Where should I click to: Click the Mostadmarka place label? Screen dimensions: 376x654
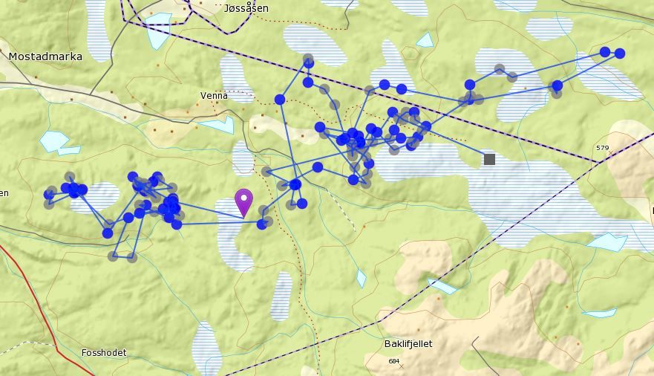click(45, 56)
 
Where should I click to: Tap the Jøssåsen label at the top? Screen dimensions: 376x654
click(246, 8)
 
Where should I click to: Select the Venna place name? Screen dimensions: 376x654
click(214, 95)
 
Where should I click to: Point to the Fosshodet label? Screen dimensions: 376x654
click(104, 352)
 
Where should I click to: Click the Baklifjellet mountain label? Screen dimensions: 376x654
click(408, 344)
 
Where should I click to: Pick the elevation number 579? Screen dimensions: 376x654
click(602, 148)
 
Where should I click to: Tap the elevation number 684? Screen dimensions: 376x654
click(393, 361)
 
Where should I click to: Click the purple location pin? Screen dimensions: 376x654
click(243, 201)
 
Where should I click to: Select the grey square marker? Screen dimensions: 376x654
click(489, 159)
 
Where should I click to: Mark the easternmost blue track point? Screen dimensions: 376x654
click(619, 54)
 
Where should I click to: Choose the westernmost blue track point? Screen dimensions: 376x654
click(49, 195)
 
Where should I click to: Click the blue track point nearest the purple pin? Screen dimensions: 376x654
click(261, 224)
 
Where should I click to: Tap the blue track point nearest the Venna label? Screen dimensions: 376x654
click(280, 100)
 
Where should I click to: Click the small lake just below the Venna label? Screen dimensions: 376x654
click(218, 124)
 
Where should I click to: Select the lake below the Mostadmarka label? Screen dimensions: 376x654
click(53, 140)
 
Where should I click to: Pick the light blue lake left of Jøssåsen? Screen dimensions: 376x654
click(158, 31)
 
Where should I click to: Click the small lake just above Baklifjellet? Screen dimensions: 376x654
click(442, 286)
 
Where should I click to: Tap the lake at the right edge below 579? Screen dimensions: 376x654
click(607, 242)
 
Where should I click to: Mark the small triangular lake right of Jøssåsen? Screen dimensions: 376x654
click(425, 40)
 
